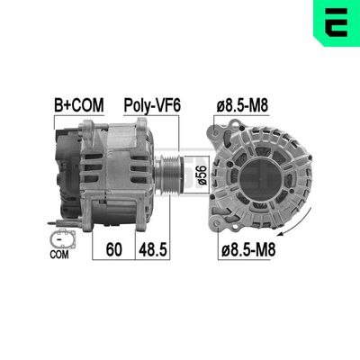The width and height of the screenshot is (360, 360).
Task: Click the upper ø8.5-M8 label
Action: coord(241,104)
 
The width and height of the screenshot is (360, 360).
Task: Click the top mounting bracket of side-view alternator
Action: coord(117,126)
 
